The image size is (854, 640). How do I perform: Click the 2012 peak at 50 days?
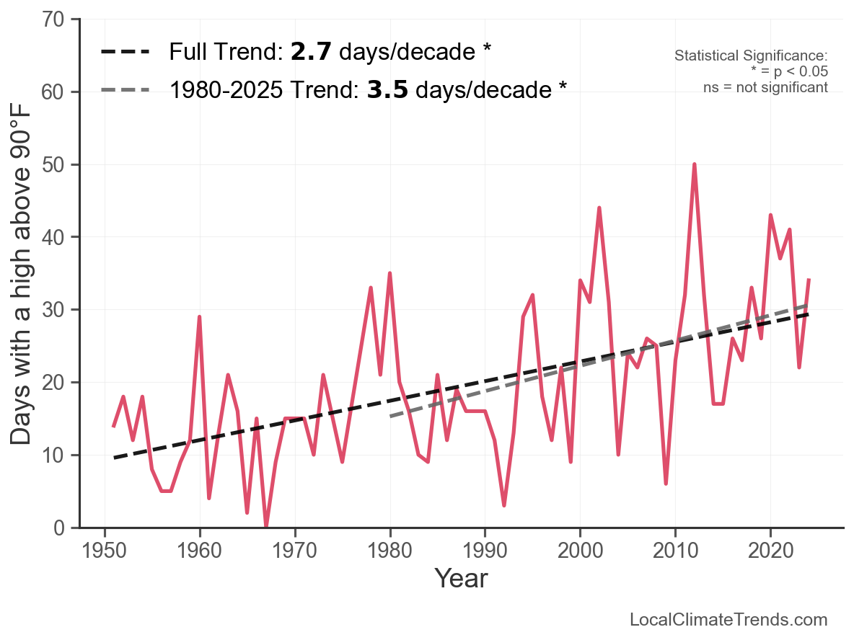point(694,164)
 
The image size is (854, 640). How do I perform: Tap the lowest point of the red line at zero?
point(266,527)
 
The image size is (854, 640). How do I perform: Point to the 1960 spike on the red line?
point(199,316)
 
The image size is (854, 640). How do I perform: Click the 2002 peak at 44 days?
point(599,208)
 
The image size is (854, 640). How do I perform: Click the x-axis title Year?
point(461,578)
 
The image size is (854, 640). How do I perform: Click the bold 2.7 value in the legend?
point(312,52)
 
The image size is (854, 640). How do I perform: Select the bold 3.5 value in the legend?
point(388,90)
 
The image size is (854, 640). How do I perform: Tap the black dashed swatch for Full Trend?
point(126,52)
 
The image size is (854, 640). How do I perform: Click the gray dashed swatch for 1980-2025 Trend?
point(126,90)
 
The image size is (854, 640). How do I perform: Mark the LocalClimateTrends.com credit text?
point(728,620)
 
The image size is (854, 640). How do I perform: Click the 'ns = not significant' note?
point(765,87)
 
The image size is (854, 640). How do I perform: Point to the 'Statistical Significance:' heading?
point(750,56)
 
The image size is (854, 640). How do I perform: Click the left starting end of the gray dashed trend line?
point(390,416)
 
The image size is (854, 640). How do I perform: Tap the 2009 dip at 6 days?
point(666,484)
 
